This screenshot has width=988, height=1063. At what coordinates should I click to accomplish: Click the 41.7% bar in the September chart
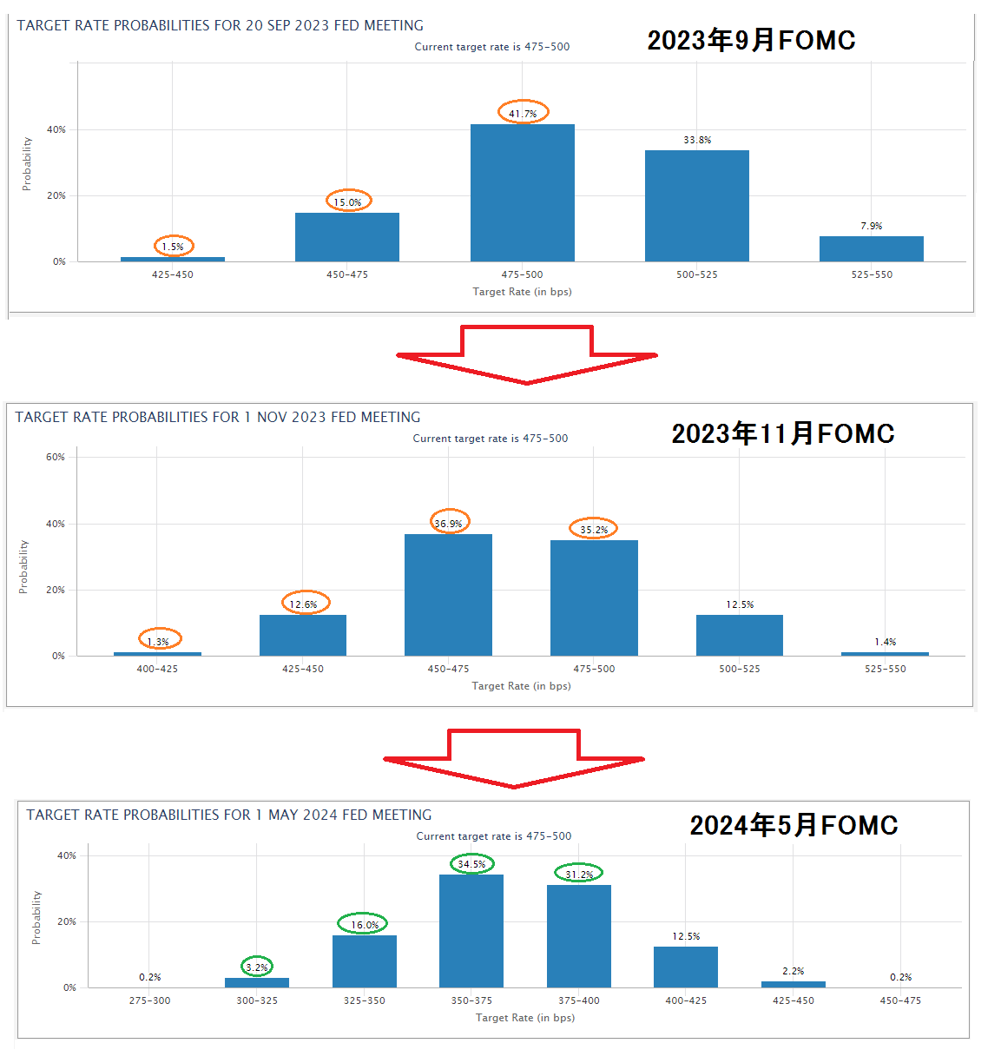point(522,193)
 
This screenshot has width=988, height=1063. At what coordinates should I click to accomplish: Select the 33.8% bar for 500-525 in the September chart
point(696,206)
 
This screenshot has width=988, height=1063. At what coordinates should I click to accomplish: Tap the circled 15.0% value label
point(348,201)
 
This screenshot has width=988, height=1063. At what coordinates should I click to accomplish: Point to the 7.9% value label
point(871,226)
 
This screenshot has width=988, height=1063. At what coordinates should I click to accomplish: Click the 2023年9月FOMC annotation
point(751,40)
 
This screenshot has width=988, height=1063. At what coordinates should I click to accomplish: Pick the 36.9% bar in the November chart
point(448,595)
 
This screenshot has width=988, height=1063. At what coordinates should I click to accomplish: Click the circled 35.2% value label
point(594,529)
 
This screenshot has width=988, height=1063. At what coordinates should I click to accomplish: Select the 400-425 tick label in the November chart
point(157,669)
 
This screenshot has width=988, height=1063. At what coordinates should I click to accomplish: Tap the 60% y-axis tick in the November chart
point(56,457)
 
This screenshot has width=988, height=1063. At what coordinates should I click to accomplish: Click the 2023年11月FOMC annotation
point(782,433)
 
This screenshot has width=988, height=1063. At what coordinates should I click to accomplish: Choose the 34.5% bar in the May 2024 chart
point(471,931)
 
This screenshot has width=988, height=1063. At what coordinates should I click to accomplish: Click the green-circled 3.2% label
point(257,967)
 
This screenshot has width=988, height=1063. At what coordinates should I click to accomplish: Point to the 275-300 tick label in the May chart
point(149,1000)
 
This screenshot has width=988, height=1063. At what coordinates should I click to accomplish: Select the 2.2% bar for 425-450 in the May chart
point(793,984)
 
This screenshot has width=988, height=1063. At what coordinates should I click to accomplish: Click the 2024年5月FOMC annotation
point(794,825)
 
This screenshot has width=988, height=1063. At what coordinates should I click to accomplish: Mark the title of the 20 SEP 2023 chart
point(221,26)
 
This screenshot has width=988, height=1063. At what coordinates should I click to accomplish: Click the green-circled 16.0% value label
point(364,924)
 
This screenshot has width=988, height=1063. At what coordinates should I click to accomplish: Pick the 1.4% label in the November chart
point(885,642)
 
